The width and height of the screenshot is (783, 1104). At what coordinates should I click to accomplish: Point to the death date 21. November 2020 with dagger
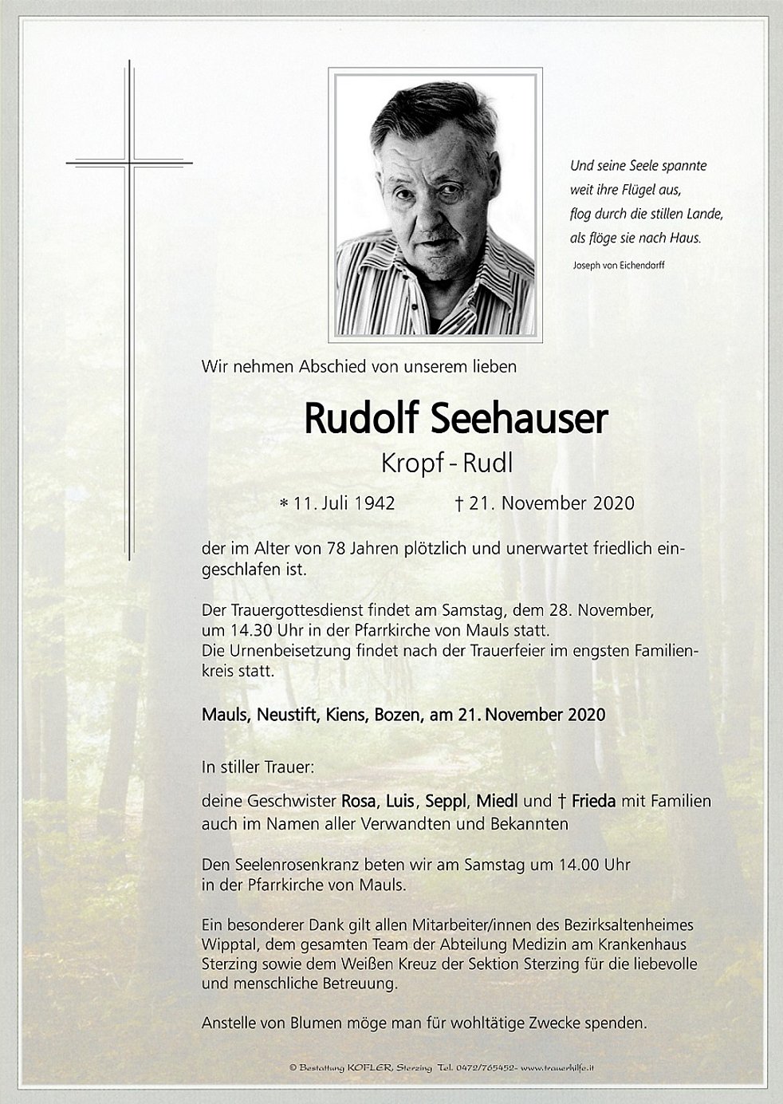[544, 503]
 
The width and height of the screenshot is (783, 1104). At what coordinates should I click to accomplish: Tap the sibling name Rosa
[358, 801]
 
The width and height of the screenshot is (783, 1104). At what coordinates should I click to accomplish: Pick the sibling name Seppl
[446, 801]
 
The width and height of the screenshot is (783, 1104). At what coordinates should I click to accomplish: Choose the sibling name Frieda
[592, 801]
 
